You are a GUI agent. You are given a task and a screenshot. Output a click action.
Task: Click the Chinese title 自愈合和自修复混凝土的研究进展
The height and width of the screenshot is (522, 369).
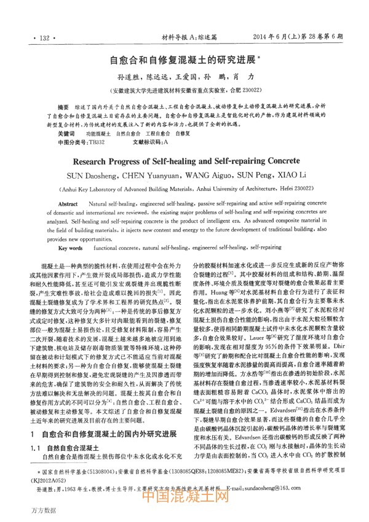pyautogui.click(x=183, y=61)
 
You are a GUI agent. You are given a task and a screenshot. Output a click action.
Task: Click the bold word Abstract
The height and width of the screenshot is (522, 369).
pyautogui.click(x=68, y=203)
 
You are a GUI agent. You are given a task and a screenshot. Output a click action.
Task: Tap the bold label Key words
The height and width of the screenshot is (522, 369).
pyautogui.click(x=70, y=247)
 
